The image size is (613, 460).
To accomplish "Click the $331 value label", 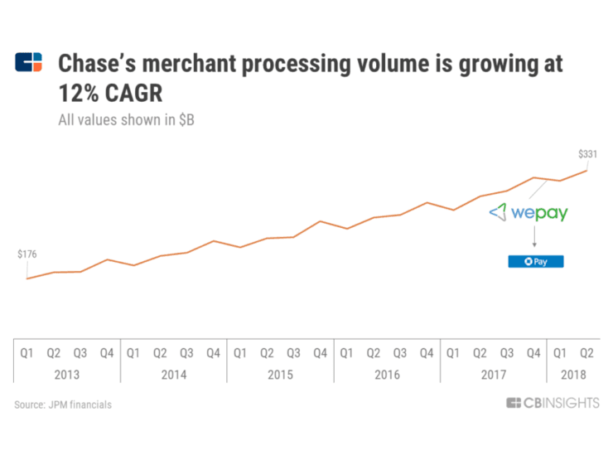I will click(587, 153).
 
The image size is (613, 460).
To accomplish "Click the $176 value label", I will click(27, 254).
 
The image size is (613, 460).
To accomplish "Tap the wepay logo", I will click(529, 212).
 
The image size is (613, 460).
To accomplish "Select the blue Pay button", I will click(535, 261).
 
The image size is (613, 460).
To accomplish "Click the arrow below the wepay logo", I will click(534, 238).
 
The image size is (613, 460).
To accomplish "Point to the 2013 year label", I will click(67, 375).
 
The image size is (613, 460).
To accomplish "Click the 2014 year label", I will click(173, 375).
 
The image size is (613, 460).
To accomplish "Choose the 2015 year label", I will click(280, 375).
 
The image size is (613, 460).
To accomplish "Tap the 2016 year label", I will click(387, 375).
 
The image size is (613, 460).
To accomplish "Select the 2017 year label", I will click(493, 375).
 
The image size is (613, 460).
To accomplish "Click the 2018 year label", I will click(573, 375).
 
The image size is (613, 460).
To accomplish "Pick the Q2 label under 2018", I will click(586, 352).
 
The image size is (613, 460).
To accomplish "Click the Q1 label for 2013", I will click(27, 352).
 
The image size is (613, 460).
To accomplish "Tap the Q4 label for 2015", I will click(320, 352).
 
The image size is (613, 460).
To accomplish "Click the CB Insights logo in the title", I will click(29, 63).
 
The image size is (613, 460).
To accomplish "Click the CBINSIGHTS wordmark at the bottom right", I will click(553, 403).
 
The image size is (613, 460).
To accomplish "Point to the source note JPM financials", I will click(63, 404).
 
